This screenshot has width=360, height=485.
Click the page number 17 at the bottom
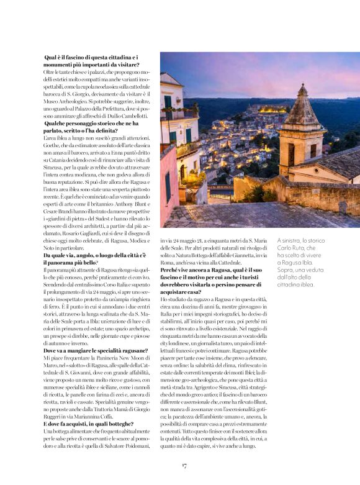click(184, 465)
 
